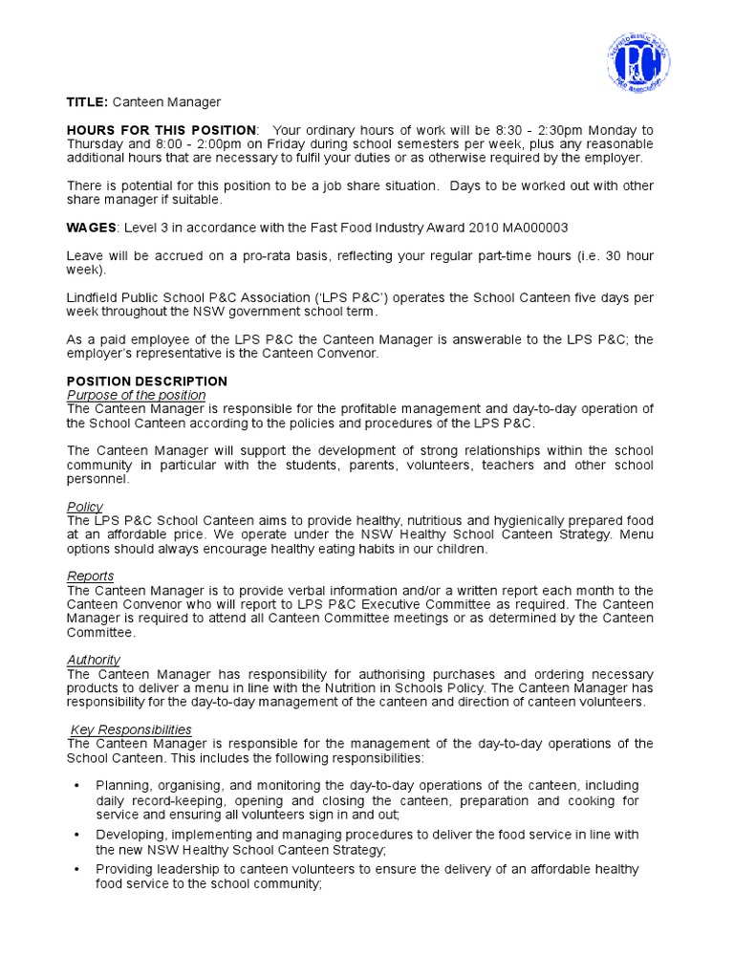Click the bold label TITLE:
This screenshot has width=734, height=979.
coord(87,101)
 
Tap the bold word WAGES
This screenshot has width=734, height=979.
coord(91,228)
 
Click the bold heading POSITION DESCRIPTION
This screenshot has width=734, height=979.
coord(146,381)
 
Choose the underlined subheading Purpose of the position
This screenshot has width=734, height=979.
coord(136,395)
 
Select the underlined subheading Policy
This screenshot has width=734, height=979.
coord(85,507)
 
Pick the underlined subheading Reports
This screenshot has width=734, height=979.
coord(90,577)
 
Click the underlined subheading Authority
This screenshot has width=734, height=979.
coord(93,660)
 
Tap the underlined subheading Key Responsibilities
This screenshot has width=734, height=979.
coord(131,729)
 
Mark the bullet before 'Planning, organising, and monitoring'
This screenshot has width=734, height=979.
coord(76,786)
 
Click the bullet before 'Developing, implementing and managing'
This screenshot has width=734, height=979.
coord(76,835)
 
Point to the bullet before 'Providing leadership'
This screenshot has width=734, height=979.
coord(76,869)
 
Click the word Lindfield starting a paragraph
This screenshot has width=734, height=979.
coord(93,298)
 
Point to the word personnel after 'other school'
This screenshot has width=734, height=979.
coord(98,479)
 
